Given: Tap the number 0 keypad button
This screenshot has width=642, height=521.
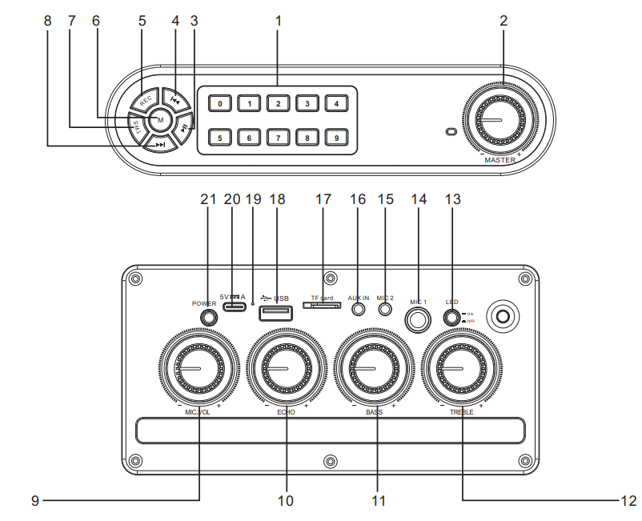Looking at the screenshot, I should pos(220,103).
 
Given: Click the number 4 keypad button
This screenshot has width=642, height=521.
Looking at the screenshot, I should pos(337,103).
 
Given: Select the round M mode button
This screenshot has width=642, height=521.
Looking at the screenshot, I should pos(160,120).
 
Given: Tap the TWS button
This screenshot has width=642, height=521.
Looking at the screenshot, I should pos(137,126).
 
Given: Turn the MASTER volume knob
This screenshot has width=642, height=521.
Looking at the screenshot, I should pos(501,121).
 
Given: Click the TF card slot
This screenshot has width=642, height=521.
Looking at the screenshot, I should pos(322,305).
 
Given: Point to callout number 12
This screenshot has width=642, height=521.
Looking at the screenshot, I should pos(628,501).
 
